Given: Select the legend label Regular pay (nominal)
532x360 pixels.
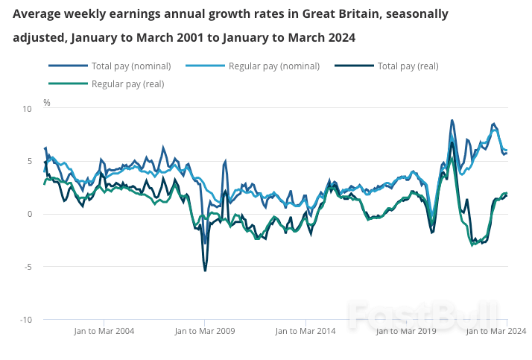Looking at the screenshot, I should coord(273,66).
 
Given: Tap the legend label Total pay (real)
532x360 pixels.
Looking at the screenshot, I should coord(408,66).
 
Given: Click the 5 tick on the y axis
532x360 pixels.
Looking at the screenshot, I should coord(30,162).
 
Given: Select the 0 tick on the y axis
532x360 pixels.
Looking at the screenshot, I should coord(30,215).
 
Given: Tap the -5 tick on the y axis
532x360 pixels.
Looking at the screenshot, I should coord(28,267).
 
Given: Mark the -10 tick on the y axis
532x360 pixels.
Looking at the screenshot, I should coord(26,320).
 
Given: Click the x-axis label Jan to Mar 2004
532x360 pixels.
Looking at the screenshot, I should coord(104,331).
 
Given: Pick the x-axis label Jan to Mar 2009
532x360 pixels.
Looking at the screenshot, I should coord(205,331).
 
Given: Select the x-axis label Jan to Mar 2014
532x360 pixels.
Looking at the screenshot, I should coord(305,331).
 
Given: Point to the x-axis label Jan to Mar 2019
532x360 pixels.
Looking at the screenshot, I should coord(407,331).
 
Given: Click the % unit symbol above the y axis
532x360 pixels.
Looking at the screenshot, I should coord(46,102).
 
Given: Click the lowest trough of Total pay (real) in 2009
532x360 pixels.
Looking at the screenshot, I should coord(205,271).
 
